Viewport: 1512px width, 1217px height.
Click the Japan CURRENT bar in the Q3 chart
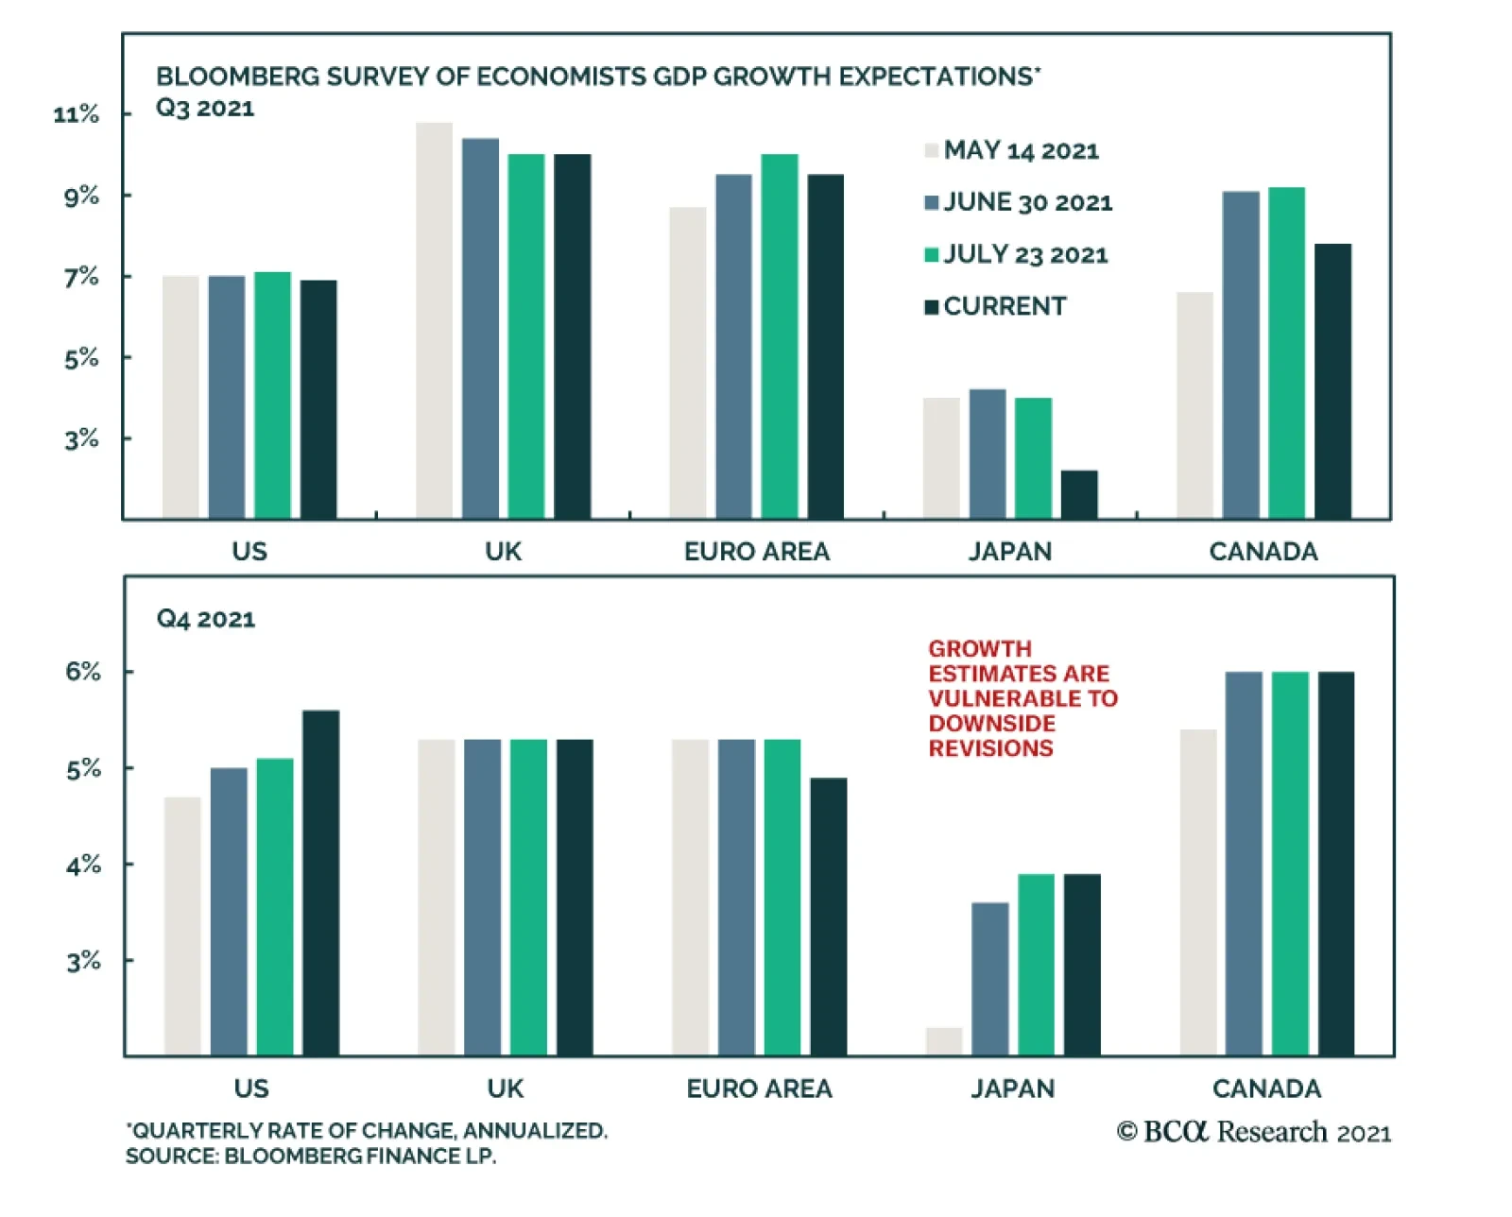click(x=1079, y=494)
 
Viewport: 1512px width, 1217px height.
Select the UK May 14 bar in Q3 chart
click(x=435, y=321)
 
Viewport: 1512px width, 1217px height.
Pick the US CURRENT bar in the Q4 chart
click(x=321, y=883)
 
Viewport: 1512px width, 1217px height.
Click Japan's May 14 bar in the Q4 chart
click(x=944, y=1041)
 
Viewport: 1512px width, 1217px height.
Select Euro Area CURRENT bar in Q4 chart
click(x=829, y=917)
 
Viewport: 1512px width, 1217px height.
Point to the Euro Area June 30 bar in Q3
click(x=733, y=347)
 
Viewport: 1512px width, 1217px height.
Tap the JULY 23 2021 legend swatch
click(x=932, y=254)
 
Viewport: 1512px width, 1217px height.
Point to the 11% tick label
click(x=77, y=114)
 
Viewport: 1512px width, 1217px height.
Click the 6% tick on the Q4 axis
click(x=83, y=672)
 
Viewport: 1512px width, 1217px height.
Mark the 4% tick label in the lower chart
click(x=83, y=865)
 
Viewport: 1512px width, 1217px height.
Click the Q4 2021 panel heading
click(x=206, y=619)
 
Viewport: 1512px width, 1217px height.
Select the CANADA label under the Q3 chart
click(x=1263, y=552)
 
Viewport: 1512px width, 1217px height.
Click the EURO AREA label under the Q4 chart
click(x=759, y=1088)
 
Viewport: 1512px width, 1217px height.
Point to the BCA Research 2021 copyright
click(x=1254, y=1132)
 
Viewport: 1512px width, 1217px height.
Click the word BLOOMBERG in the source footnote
click(x=283, y=1156)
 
